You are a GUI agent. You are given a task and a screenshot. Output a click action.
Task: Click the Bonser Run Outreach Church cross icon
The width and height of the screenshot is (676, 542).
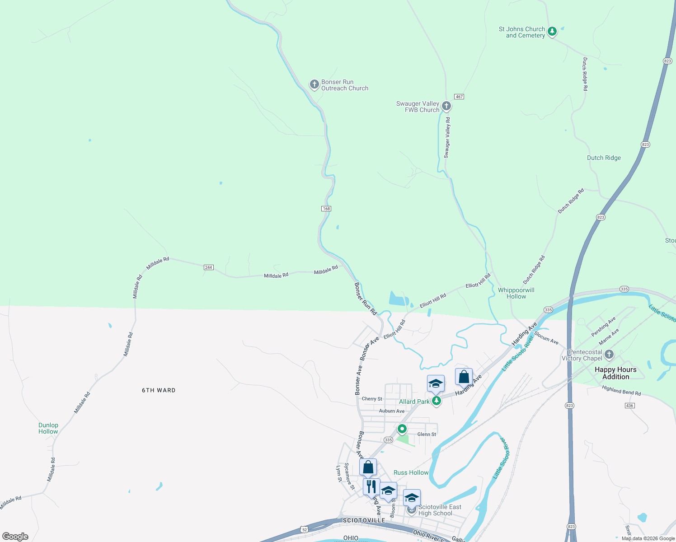[314, 84]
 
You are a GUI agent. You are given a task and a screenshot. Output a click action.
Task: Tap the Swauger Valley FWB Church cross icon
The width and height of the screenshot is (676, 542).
[446, 106]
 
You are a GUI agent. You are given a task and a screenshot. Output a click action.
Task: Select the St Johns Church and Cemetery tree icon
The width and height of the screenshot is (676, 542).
[552, 32]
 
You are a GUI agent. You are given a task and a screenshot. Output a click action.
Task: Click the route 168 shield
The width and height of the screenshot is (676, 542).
[326, 209]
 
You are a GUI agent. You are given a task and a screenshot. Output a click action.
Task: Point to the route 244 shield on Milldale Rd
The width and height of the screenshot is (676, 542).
[208, 267]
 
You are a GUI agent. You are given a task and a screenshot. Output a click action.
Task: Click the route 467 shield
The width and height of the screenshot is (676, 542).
[459, 97]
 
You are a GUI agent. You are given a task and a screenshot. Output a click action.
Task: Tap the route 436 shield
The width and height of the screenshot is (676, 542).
[629, 406]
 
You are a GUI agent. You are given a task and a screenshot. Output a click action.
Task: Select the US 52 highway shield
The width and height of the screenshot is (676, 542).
[305, 529]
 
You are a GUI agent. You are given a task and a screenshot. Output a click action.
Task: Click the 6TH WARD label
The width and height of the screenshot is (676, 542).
[159, 390]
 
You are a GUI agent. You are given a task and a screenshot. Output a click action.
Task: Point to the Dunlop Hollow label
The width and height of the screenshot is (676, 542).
[48, 428]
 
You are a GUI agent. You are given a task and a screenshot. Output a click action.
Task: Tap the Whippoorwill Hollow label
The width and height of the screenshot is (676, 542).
[516, 293]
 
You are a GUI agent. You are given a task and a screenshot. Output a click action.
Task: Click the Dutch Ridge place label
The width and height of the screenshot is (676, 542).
[604, 158]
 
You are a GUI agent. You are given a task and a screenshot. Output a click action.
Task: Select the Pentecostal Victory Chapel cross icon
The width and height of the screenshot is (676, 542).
[609, 355]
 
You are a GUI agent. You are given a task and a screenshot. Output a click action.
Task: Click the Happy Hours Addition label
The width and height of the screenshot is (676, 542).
[615, 373]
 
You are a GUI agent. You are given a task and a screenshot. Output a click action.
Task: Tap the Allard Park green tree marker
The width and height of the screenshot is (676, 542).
[436, 401]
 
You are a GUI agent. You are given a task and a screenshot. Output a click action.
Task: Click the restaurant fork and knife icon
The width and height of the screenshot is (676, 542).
[371, 487]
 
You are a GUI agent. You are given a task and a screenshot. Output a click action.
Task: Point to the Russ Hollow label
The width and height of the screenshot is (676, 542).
[411, 472]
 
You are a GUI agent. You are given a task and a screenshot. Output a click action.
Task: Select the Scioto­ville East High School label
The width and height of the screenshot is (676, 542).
[440, 510]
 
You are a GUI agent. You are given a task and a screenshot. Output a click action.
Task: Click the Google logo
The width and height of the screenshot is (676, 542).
[15, 536]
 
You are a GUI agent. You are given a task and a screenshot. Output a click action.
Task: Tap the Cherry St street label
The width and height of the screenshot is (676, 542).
[372, 399]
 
